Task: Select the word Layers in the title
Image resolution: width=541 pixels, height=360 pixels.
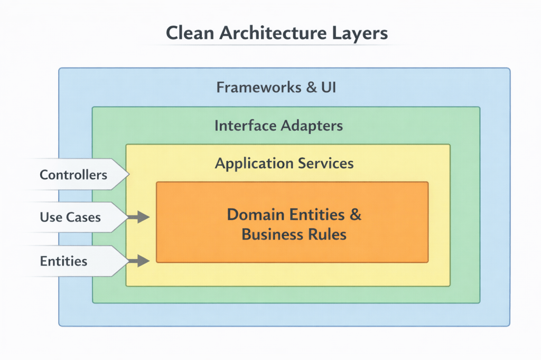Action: click(360, 33)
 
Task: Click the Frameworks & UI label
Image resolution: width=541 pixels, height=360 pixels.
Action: click(276, 87)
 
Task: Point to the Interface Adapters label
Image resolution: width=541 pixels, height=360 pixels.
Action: click(278, 126)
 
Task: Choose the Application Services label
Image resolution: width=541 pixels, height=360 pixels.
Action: click(284, 163)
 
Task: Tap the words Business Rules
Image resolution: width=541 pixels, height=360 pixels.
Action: click(294, 234)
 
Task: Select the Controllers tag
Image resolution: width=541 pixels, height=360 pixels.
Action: click(73, 175)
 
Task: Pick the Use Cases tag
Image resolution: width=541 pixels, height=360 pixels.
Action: click(70, 217)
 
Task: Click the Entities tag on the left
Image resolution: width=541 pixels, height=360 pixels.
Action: click(63, 261)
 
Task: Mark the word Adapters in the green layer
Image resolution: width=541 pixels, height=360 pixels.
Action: click(312, 126)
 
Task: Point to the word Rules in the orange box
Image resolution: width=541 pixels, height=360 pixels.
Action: click(327, 234)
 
